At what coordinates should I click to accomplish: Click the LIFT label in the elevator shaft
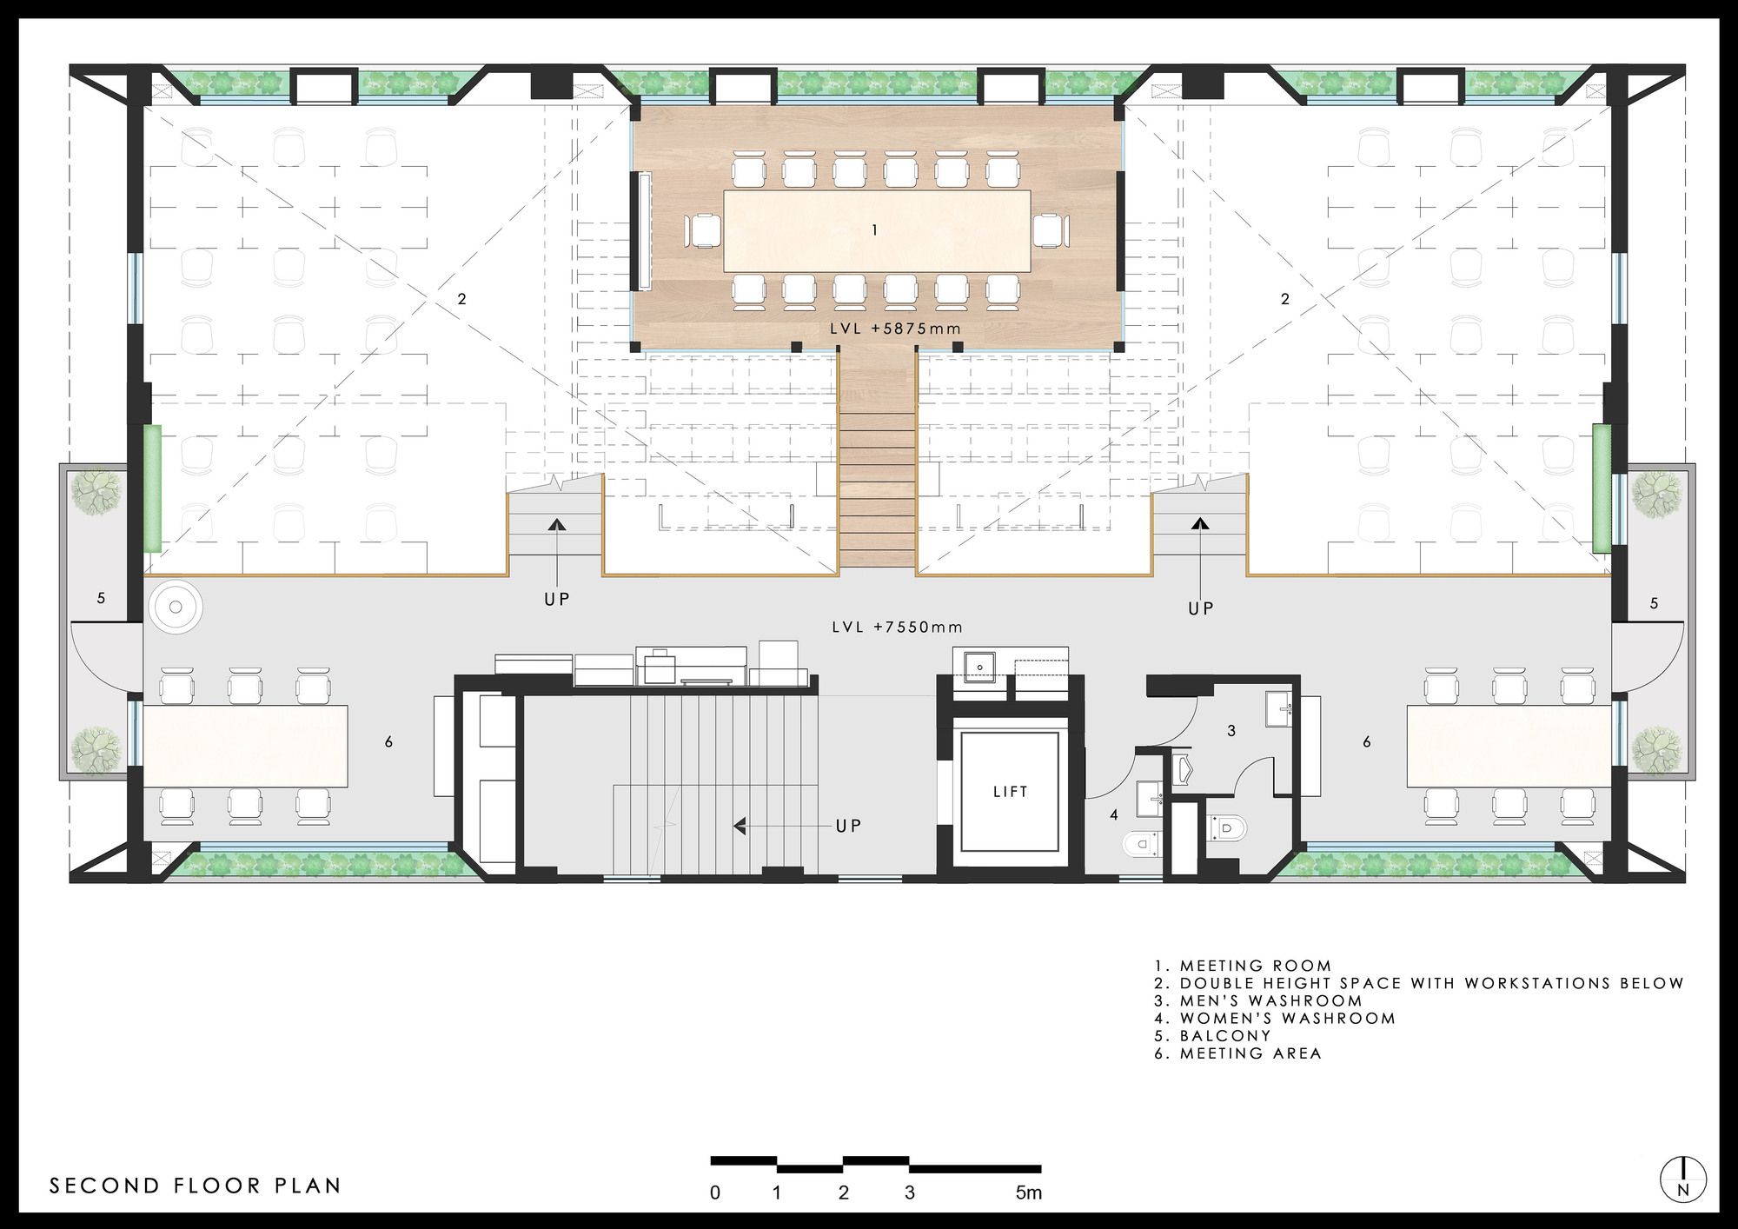(x=1011, y=792)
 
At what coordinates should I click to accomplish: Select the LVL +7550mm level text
(x=898, y=627)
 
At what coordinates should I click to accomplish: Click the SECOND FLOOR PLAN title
(x=196, y=1186)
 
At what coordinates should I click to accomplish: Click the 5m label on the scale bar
(x=1029, y=1192)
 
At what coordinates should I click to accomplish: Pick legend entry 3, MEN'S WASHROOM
(x=1259, y=1000)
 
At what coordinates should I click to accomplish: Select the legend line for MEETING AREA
(x=1238, y=1053)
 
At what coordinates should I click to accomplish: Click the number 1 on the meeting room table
(x=875, y=230)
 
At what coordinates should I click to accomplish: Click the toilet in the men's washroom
(x=1226, y=827)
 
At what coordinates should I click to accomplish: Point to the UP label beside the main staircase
(x=848, y=826)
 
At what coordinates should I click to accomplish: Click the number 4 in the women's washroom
(x=1115, y=815)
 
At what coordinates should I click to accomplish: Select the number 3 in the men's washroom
(x=1231, y=731)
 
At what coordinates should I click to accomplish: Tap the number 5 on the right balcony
(x=1654, y=602)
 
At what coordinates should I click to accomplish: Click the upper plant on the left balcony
(x=96, y=493)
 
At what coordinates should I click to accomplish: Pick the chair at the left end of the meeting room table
(x=703, y=230)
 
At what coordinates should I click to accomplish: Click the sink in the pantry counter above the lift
(x=980, y=668)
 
